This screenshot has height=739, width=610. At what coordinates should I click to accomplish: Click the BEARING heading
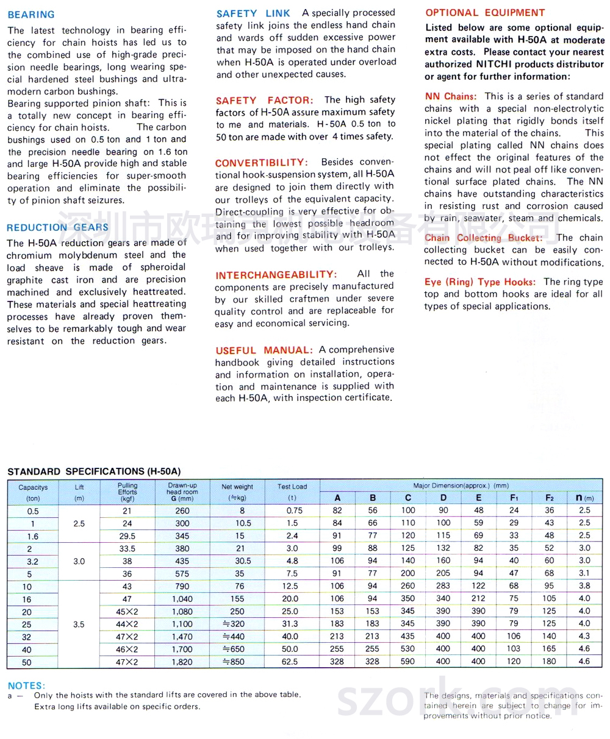[31, 15]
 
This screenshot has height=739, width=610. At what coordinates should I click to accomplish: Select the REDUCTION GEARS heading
[58, 228]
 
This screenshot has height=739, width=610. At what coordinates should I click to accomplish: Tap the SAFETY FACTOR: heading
[264, 100]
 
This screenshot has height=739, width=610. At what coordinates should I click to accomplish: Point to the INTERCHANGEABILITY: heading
[276, 275]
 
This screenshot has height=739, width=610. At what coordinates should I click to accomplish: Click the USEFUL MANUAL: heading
[264, 350]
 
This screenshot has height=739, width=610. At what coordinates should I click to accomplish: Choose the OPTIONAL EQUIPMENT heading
[486, 13]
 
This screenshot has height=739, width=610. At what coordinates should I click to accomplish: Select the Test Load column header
[293, 487]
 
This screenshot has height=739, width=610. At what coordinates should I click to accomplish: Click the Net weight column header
[237, 487]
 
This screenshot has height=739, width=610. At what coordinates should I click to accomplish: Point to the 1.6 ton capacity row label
[32, 536]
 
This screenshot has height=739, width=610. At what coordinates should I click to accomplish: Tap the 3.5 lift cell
[79, 624]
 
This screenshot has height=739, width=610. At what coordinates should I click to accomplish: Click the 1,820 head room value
[182, 662]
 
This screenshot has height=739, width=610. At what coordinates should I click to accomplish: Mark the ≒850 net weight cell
[237, 662]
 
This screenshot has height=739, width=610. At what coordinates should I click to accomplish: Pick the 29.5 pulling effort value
[127, 536]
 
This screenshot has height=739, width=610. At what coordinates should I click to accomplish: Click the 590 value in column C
[408, 662]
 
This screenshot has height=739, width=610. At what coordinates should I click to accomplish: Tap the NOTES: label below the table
[26, 685]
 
